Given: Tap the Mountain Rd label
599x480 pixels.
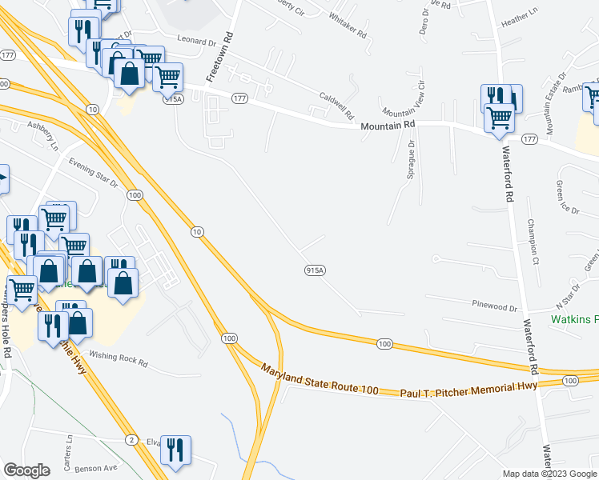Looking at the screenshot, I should coord(388,125).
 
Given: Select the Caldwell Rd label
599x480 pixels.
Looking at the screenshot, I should coord(336,105).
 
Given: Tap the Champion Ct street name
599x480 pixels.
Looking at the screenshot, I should coord(532,241).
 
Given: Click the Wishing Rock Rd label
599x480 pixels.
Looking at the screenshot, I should coord(119,358).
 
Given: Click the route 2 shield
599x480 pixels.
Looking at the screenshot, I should coord(130,440).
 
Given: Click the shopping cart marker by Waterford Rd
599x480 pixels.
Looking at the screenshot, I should coord(500,116).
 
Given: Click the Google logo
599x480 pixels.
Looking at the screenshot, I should coord(27,470).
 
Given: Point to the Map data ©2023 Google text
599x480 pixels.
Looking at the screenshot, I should coord(549,474).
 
